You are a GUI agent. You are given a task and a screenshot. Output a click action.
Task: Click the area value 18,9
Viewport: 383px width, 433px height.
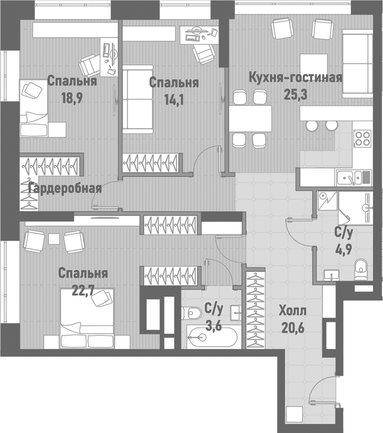coord(71,97)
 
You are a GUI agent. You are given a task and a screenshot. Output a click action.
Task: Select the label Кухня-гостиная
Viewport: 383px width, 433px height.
coord(295,78)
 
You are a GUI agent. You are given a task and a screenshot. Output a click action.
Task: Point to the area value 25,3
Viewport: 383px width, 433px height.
coord(296,94)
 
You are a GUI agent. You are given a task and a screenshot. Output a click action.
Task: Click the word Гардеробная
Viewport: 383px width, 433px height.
coord(65,188)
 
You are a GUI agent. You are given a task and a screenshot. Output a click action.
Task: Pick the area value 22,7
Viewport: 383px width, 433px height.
coord(83,290)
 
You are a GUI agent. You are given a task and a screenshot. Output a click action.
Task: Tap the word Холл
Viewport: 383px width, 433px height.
coord(292,311)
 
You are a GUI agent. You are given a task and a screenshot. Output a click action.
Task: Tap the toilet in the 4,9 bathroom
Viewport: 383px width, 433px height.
coord(361,268)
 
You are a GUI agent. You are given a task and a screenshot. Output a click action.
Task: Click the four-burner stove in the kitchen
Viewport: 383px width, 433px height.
coord(362,137)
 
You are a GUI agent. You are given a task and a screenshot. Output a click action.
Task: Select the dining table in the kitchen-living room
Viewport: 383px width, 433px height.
coord(250,119)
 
